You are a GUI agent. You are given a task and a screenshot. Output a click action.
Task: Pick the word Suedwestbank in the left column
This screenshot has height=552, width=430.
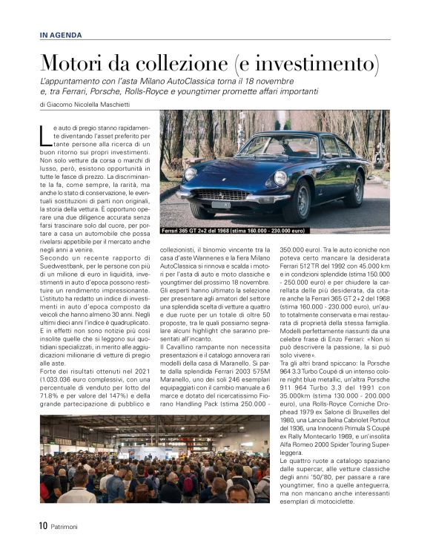tap(63, 278)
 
